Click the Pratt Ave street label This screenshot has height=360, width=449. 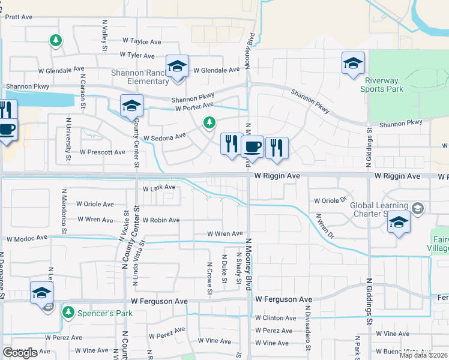(19, 17)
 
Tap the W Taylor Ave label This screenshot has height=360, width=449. (142, 42)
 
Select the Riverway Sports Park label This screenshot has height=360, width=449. (382, 85)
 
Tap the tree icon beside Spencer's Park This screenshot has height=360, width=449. (68, 312)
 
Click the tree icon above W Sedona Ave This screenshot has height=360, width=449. (209, 123)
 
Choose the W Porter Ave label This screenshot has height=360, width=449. (194, 108)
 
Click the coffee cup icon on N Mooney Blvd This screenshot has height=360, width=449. (253, 147)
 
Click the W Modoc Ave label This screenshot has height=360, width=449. (27, 238)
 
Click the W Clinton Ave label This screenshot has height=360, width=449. (276, 318)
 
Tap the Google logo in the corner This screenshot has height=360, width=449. (19, 353)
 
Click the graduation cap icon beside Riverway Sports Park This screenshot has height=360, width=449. (353, 63)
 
